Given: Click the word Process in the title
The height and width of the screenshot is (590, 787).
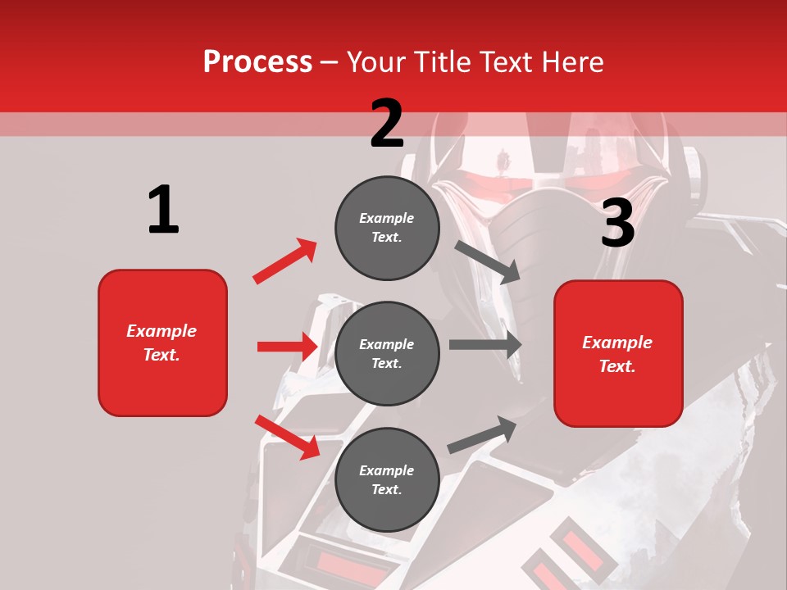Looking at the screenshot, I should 257,61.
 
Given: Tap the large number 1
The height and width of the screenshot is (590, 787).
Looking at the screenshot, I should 163,211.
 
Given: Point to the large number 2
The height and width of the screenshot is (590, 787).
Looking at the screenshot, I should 386,124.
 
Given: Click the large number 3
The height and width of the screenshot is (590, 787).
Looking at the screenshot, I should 617,223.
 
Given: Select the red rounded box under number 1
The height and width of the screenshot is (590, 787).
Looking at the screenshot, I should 162,343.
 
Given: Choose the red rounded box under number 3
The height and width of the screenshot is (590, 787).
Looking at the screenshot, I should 618,354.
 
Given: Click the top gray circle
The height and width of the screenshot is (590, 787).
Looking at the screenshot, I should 387,228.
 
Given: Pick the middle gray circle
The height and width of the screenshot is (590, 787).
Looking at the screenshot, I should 387,353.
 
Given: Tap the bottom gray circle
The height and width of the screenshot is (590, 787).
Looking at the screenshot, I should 387,479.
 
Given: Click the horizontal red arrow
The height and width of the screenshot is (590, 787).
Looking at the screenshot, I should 287,347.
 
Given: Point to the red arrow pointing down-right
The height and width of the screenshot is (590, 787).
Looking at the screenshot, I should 287,437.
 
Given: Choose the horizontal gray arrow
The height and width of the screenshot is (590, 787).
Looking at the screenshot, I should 485,345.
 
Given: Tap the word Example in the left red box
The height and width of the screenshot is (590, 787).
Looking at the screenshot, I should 161,331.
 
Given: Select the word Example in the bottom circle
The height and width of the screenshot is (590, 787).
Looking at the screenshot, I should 387,470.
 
